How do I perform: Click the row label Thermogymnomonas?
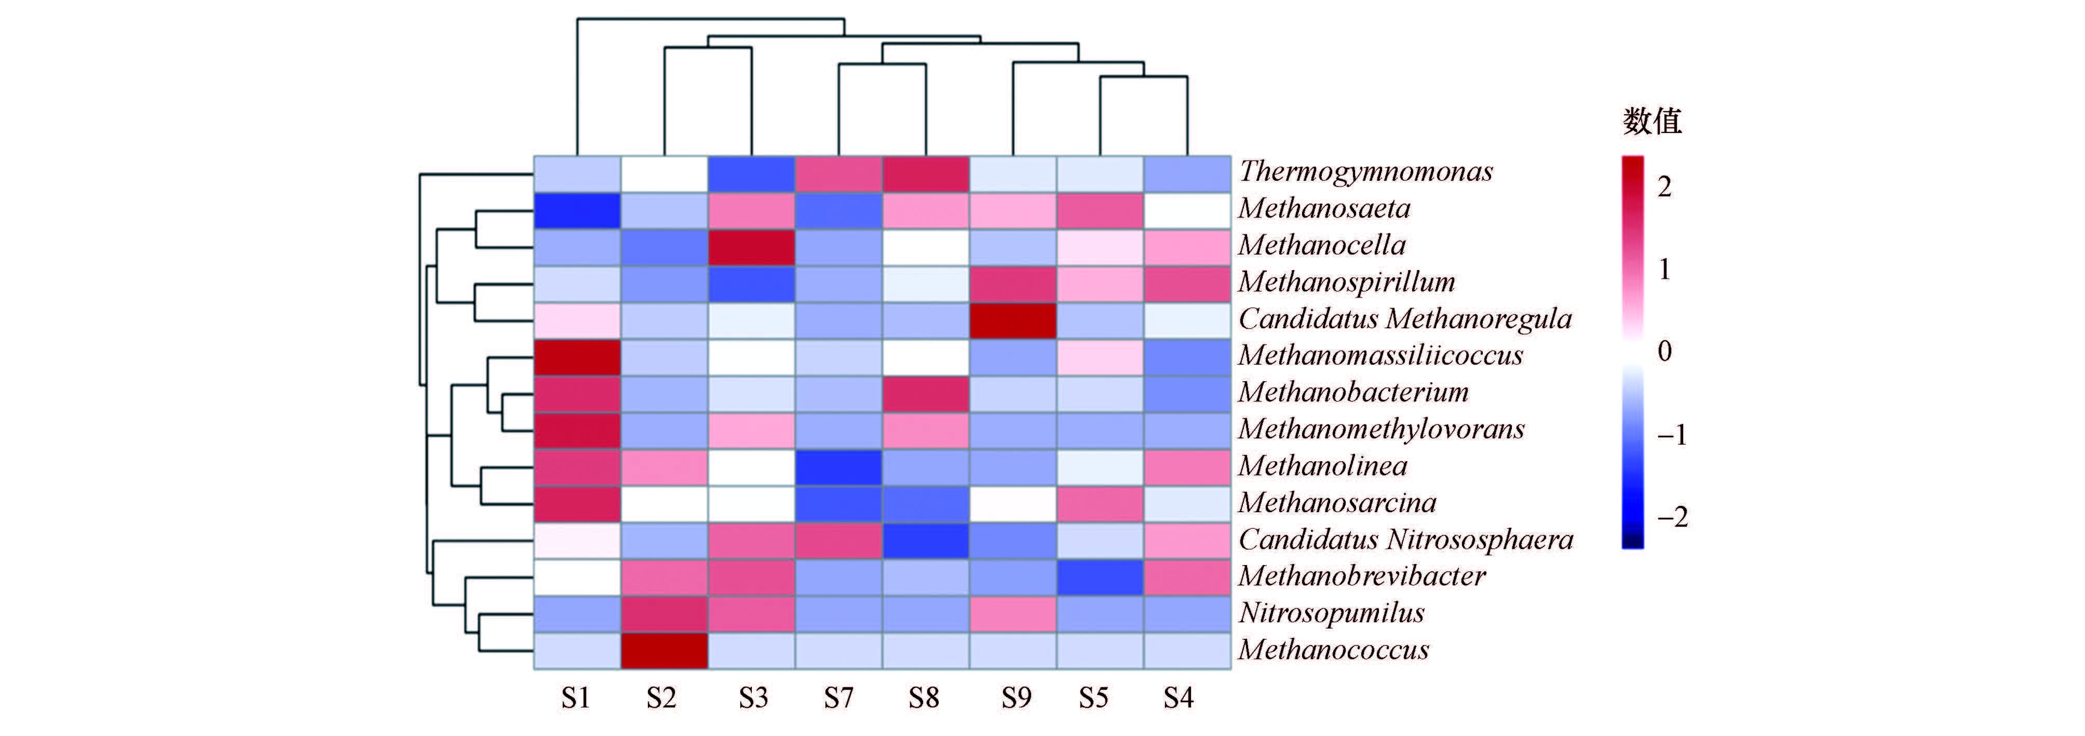coord(1365,171)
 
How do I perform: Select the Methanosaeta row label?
coord(1324,209)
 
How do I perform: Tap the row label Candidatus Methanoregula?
coord(1405,319)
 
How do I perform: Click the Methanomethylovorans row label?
coord(1381,429)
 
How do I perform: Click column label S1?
coord(575,697)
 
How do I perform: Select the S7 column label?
coord(838,697)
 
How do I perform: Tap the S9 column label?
coord(1016,697)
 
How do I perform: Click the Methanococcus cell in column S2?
coord(665,650)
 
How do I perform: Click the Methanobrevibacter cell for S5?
coord(1100,577)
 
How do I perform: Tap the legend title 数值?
coord(1652,122)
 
